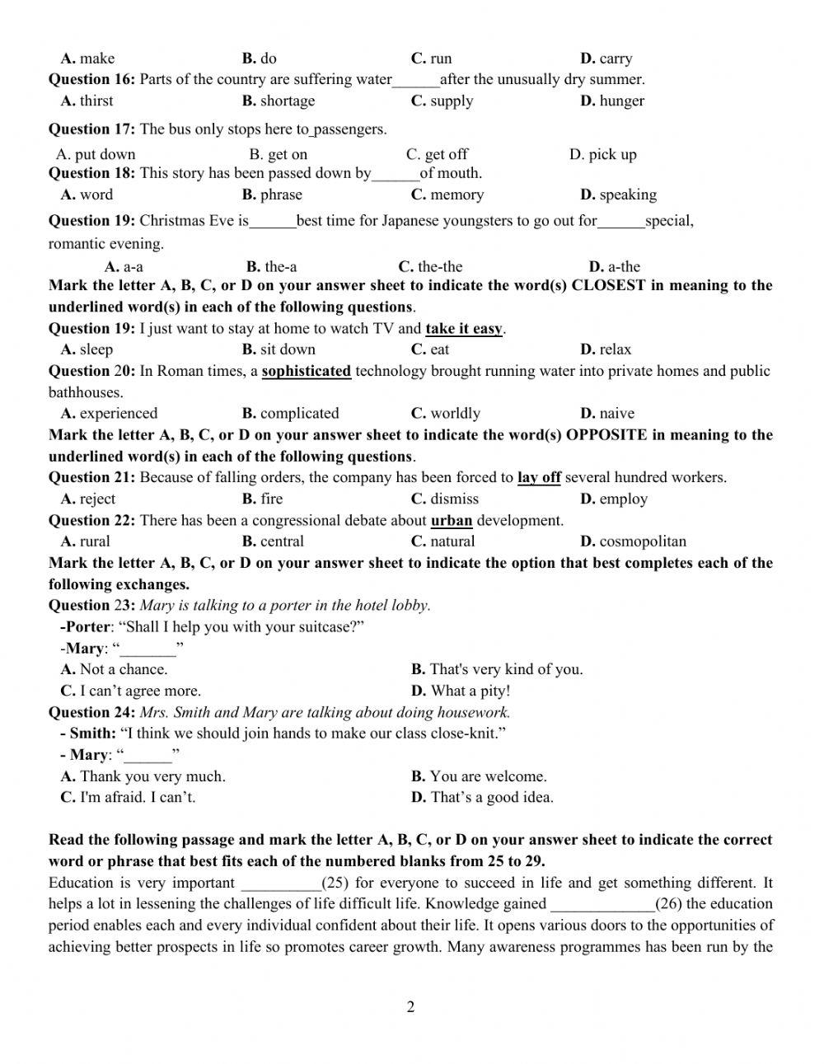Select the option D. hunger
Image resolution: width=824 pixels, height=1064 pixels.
pyautogui.click(x=612, y=101)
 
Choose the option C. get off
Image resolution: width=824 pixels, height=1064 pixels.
pyautogui.click(x=437, y=154)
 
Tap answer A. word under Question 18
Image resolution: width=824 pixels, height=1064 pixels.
pyautogui.click(x=87, y=195)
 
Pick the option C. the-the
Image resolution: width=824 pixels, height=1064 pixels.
pyautogui.click(x=430, y=266)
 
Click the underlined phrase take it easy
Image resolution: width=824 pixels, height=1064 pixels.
pyautogui.click(x=464, y=328)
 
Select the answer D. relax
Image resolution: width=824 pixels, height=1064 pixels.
pyautogui.click(x=606, y=349)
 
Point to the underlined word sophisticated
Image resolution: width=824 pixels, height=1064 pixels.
pyautogui.click(x=307, y=371)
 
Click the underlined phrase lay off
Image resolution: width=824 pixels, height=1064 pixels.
pyautogui.click(x=539, y=477)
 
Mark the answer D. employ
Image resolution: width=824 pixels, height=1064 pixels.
pyautogui.click(x=614, y=499)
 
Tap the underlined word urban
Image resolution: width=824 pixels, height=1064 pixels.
pyautogui.click(x=452, y=520)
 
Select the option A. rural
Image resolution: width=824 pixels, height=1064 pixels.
pyautogui.click(x=86, y=541)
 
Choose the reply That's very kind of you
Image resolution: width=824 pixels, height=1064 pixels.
pyautogui.click(x=497, y=669)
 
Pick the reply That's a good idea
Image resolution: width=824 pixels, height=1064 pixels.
pyautogui.click(x=482, y=797)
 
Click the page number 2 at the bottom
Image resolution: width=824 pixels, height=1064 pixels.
pyautogui.click(x=410, y=1006)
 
